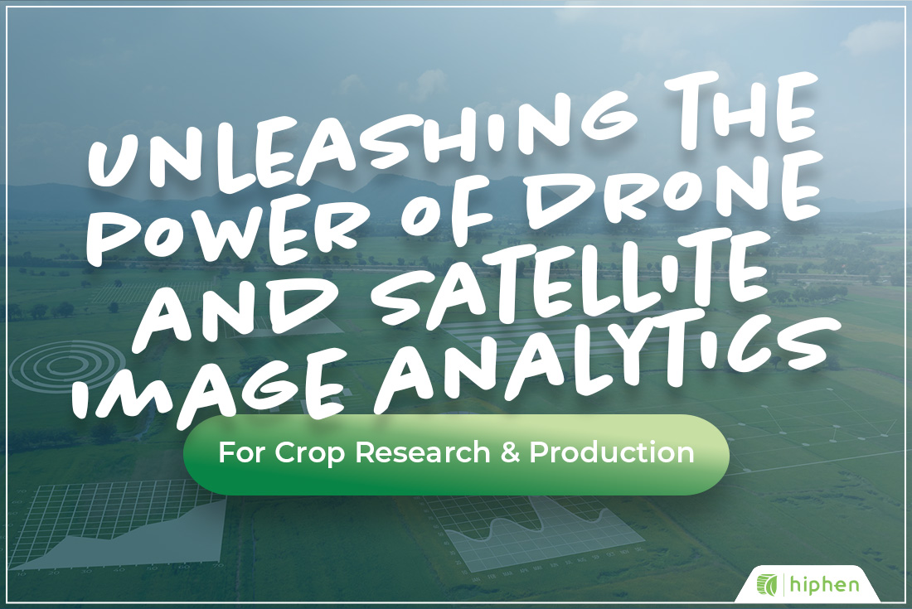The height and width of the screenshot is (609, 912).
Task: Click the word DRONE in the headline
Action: tap(647, 195)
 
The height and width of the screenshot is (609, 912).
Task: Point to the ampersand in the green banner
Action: tap(501, 454)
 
